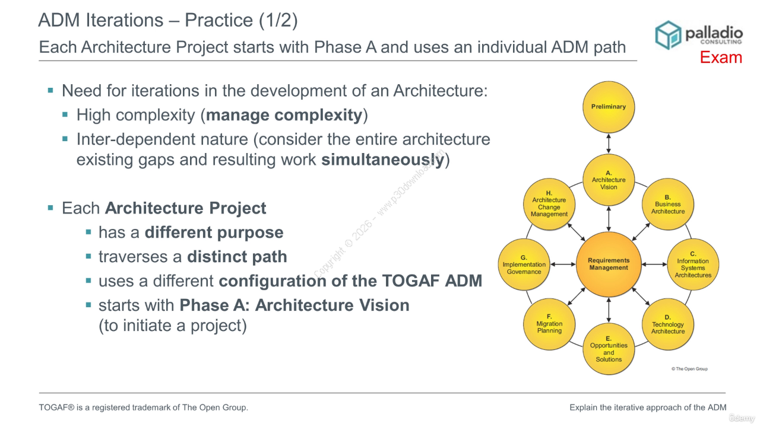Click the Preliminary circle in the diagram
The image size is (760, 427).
[609, 107]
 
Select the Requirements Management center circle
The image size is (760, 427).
[609, 265]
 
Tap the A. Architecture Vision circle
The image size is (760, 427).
[609, 180]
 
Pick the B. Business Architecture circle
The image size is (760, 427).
[668, 205]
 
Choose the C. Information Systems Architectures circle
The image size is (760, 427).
[693, 265]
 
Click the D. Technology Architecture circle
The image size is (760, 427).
[668, 324]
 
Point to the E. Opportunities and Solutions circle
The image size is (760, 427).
[609, 349]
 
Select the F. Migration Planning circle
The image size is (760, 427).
[549, 324]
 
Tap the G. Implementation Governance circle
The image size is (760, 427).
[524, 265]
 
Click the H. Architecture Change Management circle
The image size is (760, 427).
[549, 205]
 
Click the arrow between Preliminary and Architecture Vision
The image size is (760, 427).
[609, 144]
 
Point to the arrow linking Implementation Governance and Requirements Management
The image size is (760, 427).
[563, 265]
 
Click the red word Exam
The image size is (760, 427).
[721, 58]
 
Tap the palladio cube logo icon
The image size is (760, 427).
[668, 35]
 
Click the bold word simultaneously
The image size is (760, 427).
[383, 160]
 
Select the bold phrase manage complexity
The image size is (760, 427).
[284, 115]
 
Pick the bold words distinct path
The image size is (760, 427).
[237, 257]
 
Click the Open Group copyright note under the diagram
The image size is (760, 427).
[689, 369]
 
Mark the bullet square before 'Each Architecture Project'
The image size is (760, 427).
[50, 208]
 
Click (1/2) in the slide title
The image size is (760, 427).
[278, 20]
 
